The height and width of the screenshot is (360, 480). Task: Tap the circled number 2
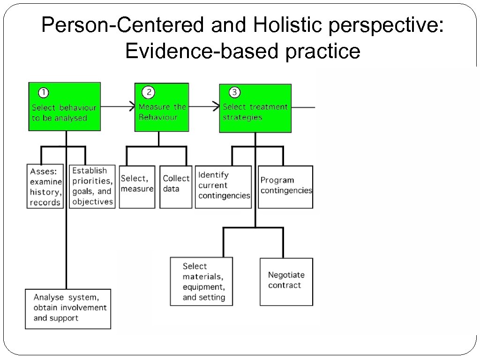[149, 92]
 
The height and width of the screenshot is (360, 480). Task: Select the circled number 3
[234, 92]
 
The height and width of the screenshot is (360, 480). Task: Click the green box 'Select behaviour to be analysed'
[64, 107]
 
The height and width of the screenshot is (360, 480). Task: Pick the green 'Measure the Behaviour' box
[162, 107]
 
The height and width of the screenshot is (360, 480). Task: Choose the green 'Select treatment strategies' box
[255, 108]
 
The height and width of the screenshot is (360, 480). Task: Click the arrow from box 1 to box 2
[118, 107]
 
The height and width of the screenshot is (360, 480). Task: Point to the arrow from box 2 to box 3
[204, 107]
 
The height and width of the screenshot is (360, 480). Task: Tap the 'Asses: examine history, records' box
[45, 187]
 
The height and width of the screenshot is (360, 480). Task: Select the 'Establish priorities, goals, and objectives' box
[92, 187]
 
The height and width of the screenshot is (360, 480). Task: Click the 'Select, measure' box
[137, 187]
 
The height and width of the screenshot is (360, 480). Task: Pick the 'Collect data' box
[176, 187]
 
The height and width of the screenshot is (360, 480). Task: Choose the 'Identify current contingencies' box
[223, 187]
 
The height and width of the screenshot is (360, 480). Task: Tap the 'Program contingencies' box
[285, 187]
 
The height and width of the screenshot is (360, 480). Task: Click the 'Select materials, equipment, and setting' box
[201, 281]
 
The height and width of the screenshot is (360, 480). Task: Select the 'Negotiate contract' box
[286, 281]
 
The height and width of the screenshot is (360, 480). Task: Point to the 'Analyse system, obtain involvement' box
[68, 308]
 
